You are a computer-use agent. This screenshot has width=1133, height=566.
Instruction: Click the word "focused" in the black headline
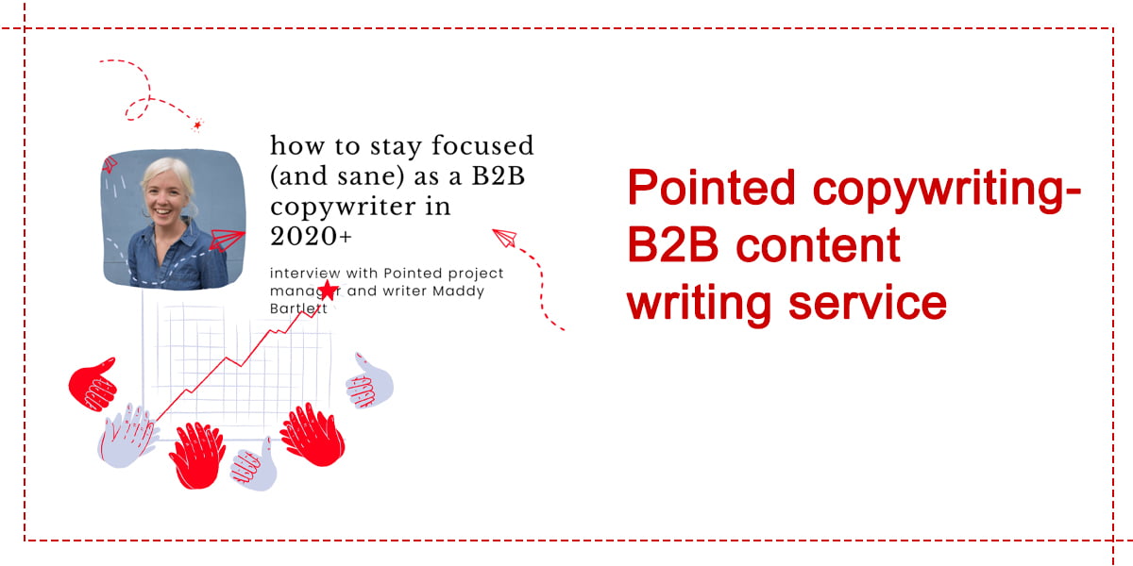tap(482, 145)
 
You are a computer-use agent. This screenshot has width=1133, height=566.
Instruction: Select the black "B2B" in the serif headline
tap(499, 175)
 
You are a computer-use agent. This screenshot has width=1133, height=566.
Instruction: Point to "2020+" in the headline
tap(311, 236)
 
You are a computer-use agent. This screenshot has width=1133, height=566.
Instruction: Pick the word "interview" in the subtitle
tap(305, 273)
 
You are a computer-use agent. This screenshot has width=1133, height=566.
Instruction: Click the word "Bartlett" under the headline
tap(298, 308)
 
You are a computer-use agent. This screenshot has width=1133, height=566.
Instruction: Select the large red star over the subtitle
tap(329, 291)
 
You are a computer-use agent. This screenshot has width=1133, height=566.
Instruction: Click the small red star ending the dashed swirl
tap(197, 125)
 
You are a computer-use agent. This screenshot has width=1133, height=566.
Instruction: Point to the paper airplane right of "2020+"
tap(505, 238)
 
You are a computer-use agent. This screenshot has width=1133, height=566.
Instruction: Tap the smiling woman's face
tap(166, 195)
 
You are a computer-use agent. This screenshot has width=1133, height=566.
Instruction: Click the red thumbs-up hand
tap(93, 385)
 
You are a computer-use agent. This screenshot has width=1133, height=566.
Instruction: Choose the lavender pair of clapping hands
tap(127, 436)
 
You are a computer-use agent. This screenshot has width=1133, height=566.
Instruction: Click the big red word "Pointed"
tap(711, 188)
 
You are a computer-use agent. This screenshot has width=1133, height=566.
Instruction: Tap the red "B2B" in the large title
tap(672, 245)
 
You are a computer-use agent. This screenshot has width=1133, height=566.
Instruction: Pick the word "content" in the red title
tap(818, 245)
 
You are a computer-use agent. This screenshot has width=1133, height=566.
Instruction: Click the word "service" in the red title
tap(868, 303)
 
